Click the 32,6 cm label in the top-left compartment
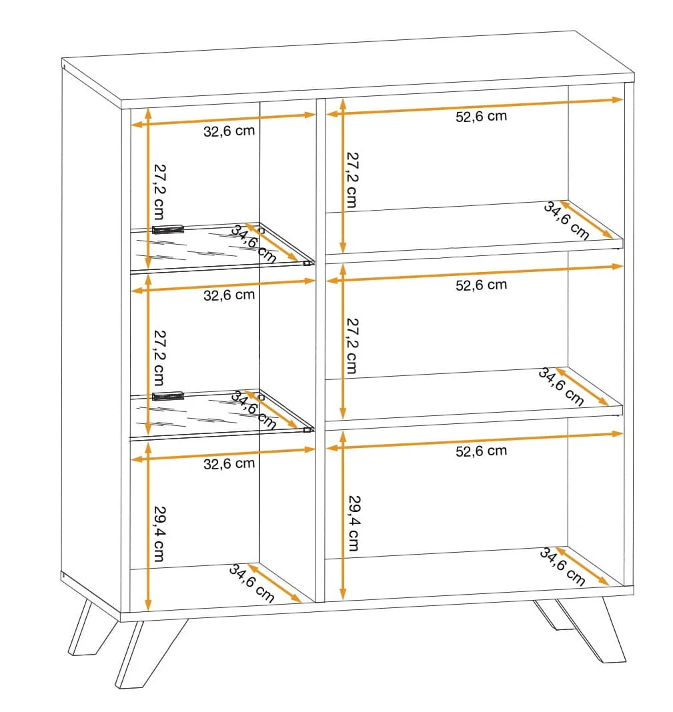[x=229, y=131]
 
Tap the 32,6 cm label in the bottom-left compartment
[x=229, y=463]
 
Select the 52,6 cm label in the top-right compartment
[x=481, y=116]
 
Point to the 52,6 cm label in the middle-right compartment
[x=481, y=285]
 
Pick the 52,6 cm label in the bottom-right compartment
[x=481, y=451]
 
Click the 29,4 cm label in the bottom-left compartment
[x=159, y=533]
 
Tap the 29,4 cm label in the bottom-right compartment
[x=354, y=523]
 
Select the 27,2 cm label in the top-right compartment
[x=352, y=180]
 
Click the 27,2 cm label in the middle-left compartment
[x=159, y=357]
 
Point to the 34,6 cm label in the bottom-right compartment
[x=562, y=567]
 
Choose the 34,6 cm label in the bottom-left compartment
[x=251, y=583]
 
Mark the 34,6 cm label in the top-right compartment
[x=567, y=221]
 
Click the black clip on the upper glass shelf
[x=167, y=229]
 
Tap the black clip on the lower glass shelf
[x=167, y=397]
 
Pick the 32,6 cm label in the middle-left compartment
[x=229, y=295]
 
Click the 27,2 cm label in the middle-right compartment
[x=352, y=346]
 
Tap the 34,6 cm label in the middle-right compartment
[x=561, y=387]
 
